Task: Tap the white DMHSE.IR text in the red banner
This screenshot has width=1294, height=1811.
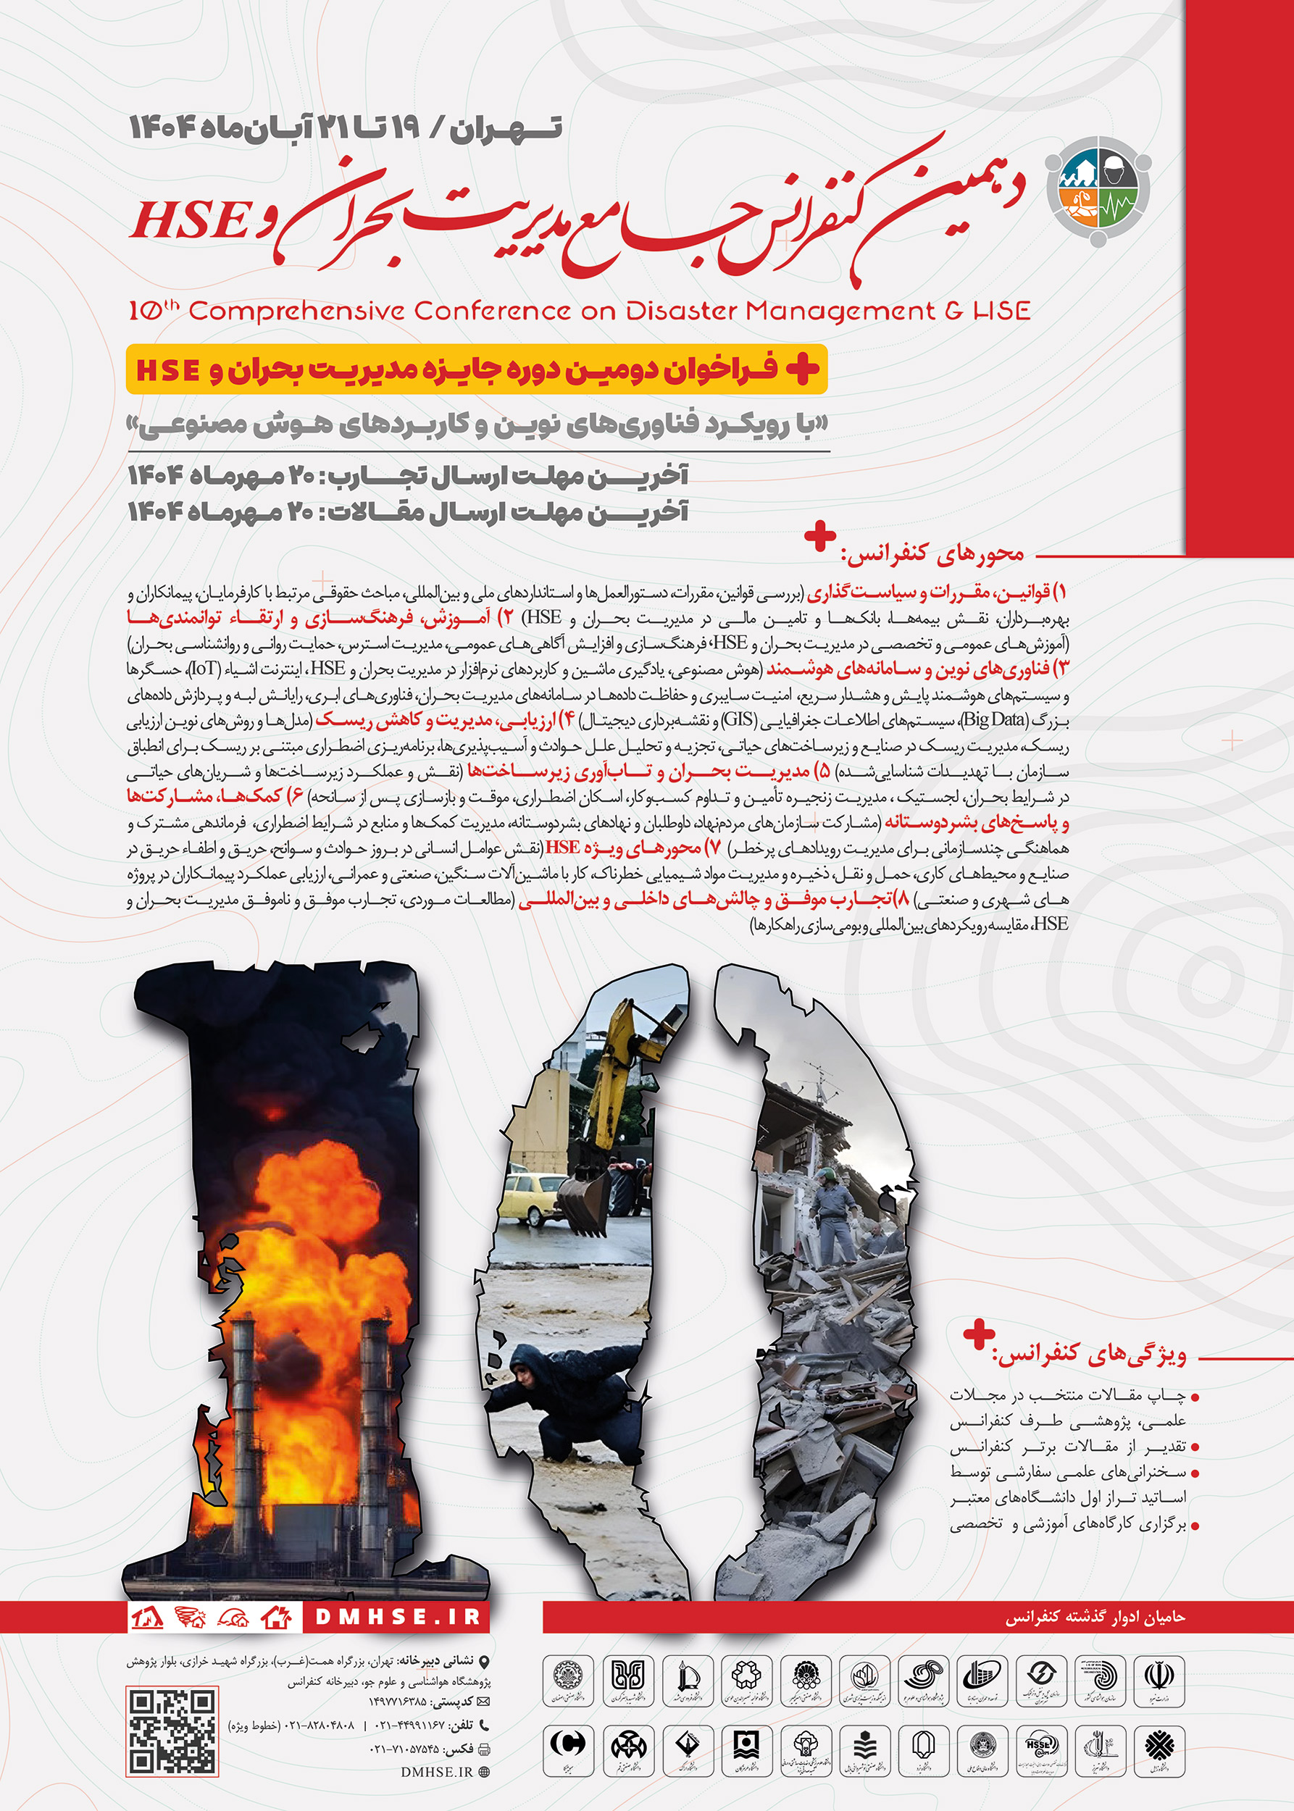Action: click(x=398, y=1618)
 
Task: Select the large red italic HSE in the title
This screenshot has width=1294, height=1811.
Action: click(x=189, y=222)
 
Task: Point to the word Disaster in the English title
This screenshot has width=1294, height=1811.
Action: click(x=682, y=311)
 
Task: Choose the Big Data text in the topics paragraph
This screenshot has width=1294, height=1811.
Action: click(x=993, y=720)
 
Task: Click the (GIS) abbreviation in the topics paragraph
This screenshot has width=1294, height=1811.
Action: click(x=738, y=720)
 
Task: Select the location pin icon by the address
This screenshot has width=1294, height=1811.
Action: click(x=484, y=1662)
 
